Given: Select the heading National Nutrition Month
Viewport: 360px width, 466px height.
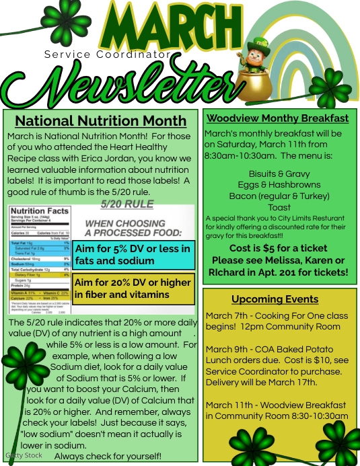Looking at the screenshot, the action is click(x=100, y=121).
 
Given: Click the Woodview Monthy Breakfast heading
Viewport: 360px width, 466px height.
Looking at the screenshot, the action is click(x=277, y=118).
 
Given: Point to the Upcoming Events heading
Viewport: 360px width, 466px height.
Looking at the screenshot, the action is click(x=275, y=299).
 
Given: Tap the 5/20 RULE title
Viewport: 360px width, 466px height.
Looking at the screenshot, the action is click(x=127, y=204).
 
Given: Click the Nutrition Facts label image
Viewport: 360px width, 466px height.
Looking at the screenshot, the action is click(x=40, y=260).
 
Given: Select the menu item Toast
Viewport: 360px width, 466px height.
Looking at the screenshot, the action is click(x=279, y=208).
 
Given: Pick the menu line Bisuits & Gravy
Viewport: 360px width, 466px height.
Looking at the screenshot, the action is click(x=279, y=173).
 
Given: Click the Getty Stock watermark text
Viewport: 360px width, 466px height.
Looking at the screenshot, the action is click(x=24, y=455).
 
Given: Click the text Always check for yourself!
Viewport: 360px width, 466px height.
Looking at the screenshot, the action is click(x=108, y=456).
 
